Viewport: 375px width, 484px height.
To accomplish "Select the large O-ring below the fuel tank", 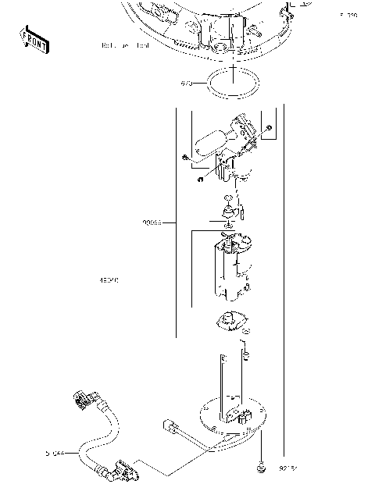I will [233, 84].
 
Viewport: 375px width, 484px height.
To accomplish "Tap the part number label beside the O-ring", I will [187, 83].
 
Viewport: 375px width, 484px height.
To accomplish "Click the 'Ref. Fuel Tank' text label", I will [124, 45].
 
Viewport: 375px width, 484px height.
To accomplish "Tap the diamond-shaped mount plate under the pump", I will [228, 322].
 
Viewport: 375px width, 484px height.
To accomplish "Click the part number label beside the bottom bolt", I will [289, 469].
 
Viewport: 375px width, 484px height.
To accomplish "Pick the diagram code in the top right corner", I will [348, 15].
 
